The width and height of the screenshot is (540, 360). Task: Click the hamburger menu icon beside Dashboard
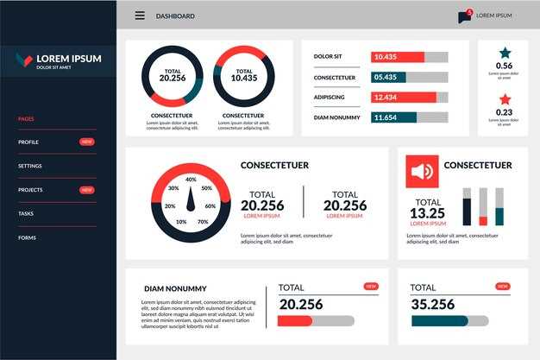click(x=140, y=16)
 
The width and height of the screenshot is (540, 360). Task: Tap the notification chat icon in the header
click(x=465, y=16)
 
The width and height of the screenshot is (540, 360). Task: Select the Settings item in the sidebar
click(x=30, y=166)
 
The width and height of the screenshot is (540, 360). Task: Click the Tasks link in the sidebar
click(x=26, y=213)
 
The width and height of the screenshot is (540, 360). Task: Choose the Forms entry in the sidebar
click(x=27, y=237)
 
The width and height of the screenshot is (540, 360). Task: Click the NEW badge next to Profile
click(x=87, y=142)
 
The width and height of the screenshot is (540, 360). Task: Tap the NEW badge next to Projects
click(x=87, y=190)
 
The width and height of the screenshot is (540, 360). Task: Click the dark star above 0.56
click(x=505, y=53)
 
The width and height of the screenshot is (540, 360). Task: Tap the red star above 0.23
click(x=505, y=99)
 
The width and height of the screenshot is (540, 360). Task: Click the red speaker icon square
click(x=422, y=172)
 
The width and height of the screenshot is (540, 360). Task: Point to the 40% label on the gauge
click(x=191, y=180)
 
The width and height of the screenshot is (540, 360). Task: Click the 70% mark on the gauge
click(x=202, y=222)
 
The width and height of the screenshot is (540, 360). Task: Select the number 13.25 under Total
click(x=428, y=213)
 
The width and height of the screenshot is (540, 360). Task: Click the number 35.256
click(x=433, y=304)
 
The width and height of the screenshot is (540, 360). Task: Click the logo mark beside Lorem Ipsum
click(x=24, y=60)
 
